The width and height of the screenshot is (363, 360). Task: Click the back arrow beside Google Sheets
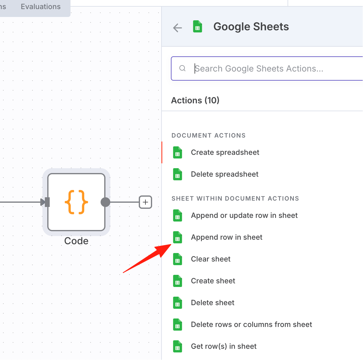tap(178, 28)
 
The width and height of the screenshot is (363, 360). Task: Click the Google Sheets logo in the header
tap(198, 27)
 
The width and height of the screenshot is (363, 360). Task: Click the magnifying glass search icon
tap(182, 68)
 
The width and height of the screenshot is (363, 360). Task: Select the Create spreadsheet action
tap(225, 152)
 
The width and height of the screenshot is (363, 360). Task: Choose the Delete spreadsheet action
tap(225, 174)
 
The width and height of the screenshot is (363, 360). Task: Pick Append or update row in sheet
tap(244, 215)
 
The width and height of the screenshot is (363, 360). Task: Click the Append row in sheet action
tap(227, 237)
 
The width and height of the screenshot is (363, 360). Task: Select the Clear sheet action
tap(211, 259)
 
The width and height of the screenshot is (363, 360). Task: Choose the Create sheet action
tap(213, 281)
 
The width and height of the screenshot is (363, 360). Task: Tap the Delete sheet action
tap(212, 303)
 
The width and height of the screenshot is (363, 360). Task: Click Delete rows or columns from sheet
tap(251, 324)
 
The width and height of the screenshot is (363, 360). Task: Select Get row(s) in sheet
tap(224, 346)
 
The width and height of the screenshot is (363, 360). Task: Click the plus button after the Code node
tap(145, 202)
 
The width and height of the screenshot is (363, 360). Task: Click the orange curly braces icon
tap(76, 202)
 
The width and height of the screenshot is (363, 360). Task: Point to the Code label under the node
tap(76, 241)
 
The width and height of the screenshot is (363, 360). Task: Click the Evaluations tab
tap(41, 6)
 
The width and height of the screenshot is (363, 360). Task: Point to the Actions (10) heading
tap(195, 100)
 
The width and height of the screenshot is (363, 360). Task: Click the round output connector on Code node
tap(105, 202)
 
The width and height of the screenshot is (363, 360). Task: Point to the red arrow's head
tap(171, 245)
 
